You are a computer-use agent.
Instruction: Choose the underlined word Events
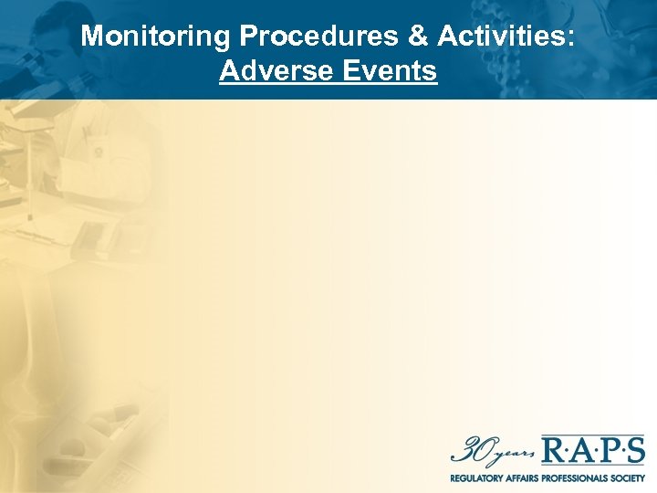(388, 70)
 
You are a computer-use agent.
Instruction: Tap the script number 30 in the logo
(468, 450)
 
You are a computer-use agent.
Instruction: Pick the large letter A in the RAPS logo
(582, 451)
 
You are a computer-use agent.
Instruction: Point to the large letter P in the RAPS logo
(609, 451)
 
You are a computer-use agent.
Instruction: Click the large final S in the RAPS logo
(635, 451)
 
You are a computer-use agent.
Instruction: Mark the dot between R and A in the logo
(568, 452)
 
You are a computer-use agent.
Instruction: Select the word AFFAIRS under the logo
(528, 477)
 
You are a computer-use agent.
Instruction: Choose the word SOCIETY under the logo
(629, 477)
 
